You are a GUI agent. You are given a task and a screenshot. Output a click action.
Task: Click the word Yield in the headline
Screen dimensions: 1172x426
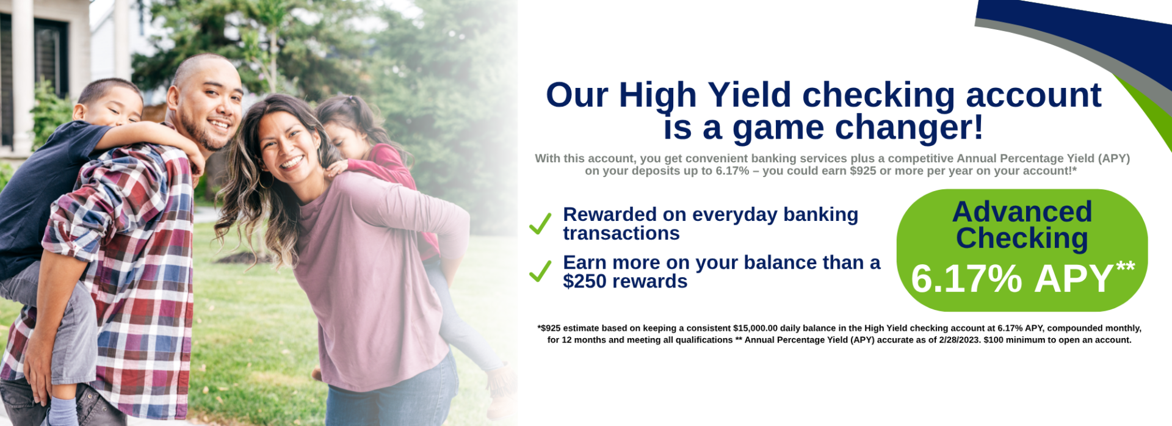point(749,95)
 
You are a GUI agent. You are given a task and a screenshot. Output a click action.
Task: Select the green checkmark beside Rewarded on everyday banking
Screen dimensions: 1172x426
point(540,223)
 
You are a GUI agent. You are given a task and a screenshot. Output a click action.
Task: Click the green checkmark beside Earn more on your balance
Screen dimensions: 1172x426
point(540,271)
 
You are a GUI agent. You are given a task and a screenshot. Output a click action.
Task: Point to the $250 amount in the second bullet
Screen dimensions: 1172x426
point(585,281)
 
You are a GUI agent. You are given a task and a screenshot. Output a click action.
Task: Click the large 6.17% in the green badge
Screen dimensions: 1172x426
point(966,279)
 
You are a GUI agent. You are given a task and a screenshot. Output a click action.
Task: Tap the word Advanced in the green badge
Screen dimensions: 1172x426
point(1022,212)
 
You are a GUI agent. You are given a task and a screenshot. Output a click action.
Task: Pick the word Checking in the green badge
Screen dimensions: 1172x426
point(1022,239)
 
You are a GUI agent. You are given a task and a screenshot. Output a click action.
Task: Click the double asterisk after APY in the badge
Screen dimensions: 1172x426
point(1126,266)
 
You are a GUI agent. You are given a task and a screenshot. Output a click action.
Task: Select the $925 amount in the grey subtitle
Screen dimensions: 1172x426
point(863,171)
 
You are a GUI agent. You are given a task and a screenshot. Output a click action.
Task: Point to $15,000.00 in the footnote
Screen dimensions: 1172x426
point(755,328)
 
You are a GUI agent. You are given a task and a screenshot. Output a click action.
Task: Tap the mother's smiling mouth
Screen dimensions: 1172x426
point(291,164)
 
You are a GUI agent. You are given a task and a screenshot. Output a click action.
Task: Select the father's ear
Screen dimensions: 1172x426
point(173,98)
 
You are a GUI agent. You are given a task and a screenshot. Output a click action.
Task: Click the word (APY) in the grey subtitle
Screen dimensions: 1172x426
point(1114,159)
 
